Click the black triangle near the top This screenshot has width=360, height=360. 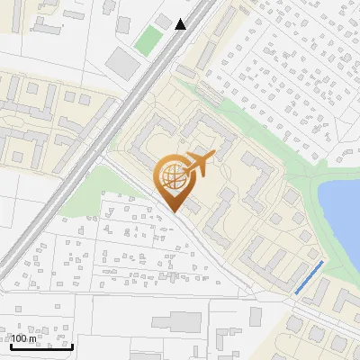[x=182, y=23]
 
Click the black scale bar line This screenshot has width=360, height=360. [x=41, y=346]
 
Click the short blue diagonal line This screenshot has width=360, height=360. [x=309, y=277]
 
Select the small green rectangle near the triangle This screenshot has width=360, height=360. [x=148, y=39]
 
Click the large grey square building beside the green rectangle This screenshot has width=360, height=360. [x=121, y=61]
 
